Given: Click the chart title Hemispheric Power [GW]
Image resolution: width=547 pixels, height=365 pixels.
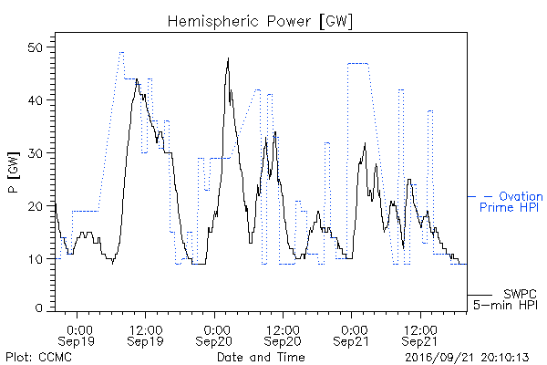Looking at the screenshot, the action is click(x=260, y=22).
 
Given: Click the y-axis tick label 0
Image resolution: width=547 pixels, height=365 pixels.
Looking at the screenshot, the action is click(x=39, y=308).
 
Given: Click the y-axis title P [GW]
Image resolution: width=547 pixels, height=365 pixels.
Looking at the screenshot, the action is click(x=14, y=172).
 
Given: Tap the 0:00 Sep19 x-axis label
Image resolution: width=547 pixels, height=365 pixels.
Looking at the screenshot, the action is click(x=76, y=335).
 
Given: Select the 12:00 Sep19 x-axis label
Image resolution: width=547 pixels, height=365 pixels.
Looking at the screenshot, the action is click(x=145, y=335).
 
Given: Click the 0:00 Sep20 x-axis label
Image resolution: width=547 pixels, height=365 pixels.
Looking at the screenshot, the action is click(x=213, y=335).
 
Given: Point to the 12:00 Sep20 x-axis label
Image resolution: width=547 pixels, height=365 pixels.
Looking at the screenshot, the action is click(x=283, y=335).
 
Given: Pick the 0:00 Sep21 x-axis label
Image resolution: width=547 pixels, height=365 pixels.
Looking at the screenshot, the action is click(x=351, y=335).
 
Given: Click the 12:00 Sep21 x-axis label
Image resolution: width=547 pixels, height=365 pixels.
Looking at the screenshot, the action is click(x=419, y=335).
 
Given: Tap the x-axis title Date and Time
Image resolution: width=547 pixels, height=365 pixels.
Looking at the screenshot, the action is click(x=261, y=357).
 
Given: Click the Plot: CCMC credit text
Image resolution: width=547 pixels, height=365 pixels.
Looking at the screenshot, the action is click(x=38, y=357).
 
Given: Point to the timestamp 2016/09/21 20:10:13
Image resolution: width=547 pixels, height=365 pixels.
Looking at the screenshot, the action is click(x=467, y=358).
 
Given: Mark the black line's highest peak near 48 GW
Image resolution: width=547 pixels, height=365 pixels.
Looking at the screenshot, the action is click(x=229, y=58).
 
